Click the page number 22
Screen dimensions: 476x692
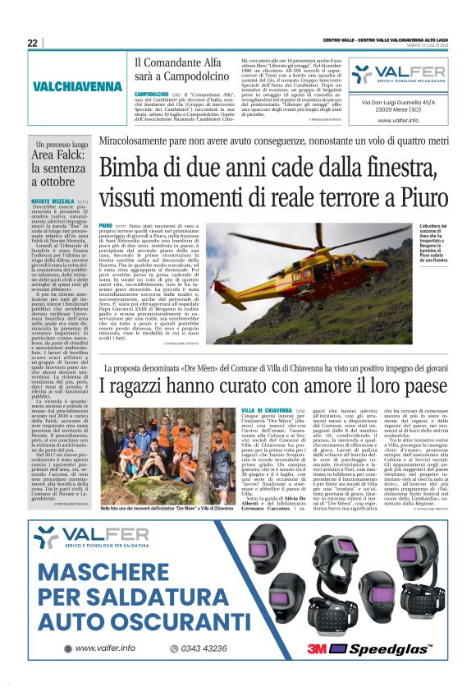32,43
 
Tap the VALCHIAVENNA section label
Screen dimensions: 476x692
78,86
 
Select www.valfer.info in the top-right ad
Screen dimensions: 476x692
400,120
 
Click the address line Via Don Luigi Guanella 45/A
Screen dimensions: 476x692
400,102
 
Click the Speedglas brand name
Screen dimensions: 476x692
384,650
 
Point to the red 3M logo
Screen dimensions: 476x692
318,649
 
